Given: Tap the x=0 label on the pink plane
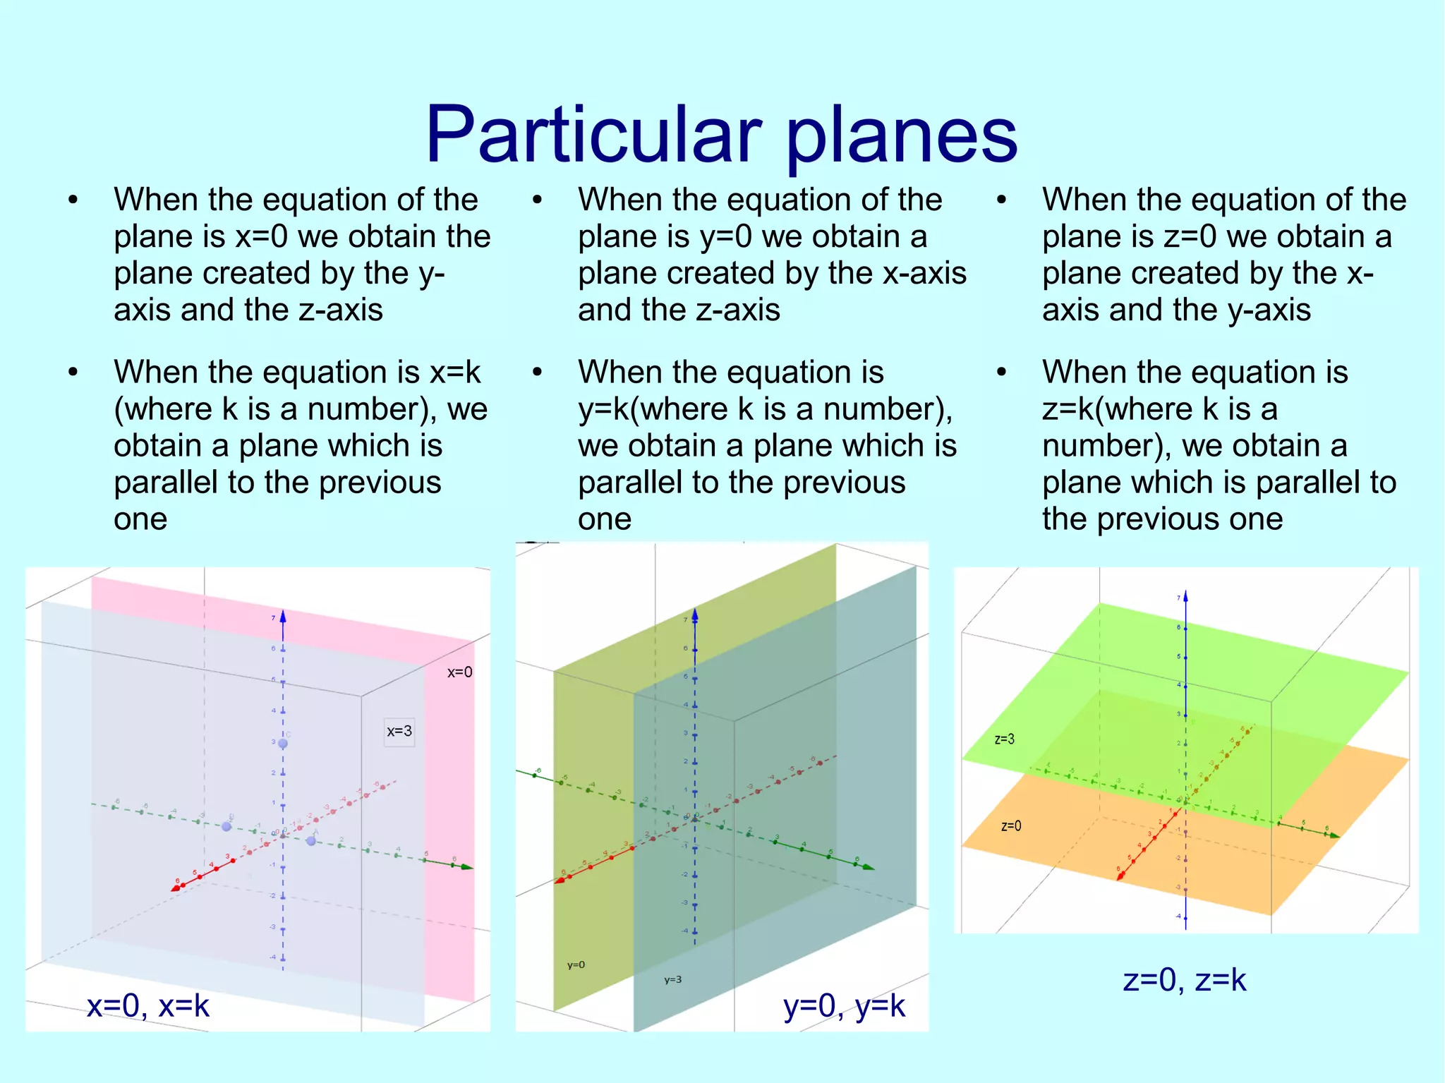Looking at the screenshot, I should (459, 672).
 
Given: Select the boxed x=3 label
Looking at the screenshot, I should (399, 732).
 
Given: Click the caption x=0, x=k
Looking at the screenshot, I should (147, 1005).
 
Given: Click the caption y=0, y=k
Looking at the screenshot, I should (844, 1005).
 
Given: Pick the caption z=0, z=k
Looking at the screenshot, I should (1185, 980).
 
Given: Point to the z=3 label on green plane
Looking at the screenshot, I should (1004, 739).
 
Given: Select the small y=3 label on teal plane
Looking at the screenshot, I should (672, 980).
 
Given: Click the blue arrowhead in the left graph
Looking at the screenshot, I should (283, 615).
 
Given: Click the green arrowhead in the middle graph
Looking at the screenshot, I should (869, 867).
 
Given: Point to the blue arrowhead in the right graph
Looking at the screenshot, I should (1185, 596).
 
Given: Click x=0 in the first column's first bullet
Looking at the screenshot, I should (261, 237).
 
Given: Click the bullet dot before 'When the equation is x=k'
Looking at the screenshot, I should (73, 372).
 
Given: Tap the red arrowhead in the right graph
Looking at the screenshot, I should (1120, 876).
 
